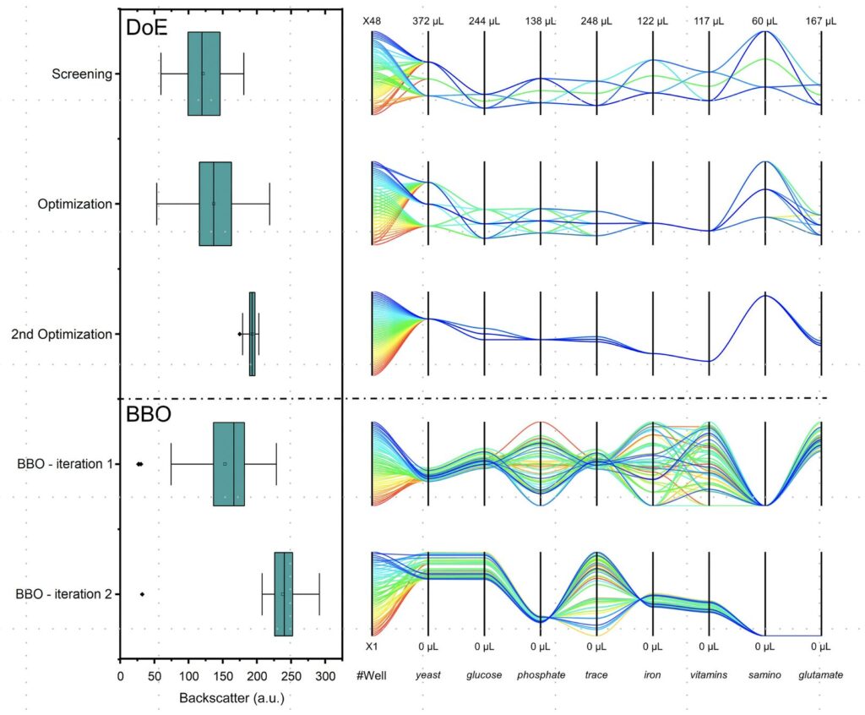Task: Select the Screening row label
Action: coord(81,74)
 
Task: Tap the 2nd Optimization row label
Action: coord(62,334)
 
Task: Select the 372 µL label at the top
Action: coord(428,22)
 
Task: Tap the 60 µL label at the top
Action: coord(764,22)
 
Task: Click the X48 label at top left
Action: coord(372,22)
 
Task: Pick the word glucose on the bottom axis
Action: coord(485,675)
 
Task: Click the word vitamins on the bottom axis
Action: coord(709,675)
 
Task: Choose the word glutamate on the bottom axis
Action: coord(820,675)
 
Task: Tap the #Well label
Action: coord(372,675)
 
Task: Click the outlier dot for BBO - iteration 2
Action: coord(142,594)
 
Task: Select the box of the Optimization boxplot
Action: coord(215,204)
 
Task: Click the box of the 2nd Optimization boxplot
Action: coord(252,334)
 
